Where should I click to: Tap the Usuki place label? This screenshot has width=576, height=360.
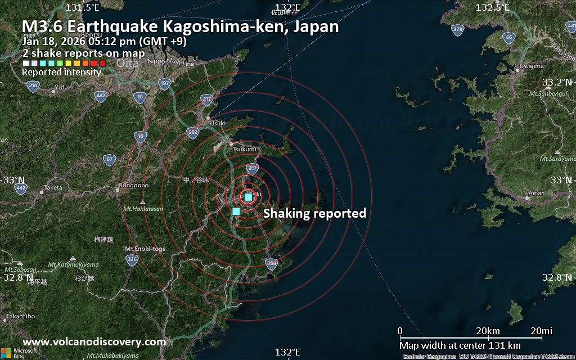(217, 123)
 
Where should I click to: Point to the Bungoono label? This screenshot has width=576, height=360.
(134, 185)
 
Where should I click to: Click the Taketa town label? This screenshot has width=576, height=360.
(53, 187)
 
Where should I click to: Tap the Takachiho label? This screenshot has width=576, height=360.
(21, 316)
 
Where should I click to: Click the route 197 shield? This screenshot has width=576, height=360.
(164, 84)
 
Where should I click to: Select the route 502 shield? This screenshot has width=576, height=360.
(192, 132)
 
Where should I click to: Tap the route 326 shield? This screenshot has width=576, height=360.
(132, 259)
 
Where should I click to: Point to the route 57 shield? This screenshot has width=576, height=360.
(110, 160)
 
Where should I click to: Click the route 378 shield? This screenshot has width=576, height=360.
(458, 29)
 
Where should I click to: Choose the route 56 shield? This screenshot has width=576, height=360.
(508, 38)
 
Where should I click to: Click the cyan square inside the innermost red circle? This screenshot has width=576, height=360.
(248, 197)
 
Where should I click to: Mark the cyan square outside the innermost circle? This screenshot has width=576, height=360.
(236, 211)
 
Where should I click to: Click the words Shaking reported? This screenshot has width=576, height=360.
(314, 213)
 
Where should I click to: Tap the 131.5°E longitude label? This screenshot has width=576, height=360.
(83, 7)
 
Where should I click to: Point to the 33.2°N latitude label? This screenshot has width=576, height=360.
(557, 82)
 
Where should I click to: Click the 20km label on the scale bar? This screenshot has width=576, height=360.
(488, 330)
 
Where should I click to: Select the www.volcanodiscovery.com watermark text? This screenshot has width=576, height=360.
(94, 341)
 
